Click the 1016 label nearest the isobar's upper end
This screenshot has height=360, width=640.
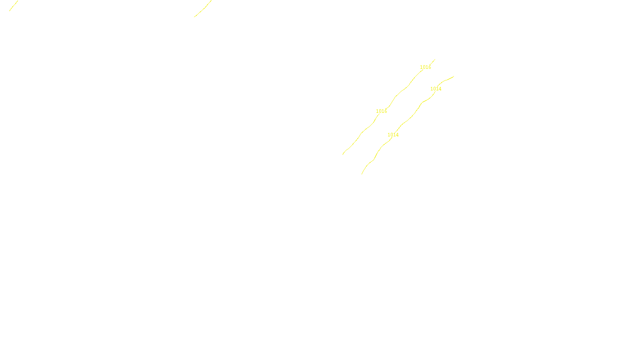tap(425, 67)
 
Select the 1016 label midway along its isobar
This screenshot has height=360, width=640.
tap(381, 111)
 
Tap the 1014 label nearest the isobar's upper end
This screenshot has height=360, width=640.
tap(436, 89)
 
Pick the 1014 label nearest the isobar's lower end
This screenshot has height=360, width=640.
tap(393, 135)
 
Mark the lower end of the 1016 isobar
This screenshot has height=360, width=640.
tap(343, 154)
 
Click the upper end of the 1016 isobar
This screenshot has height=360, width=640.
tap(435, 60)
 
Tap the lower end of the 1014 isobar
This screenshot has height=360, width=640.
tap(362, 174)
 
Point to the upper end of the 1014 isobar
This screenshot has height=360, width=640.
tap(454, 76)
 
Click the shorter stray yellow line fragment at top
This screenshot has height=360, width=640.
tap(14, 6)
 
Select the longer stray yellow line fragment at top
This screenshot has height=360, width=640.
tap(203, 9)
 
